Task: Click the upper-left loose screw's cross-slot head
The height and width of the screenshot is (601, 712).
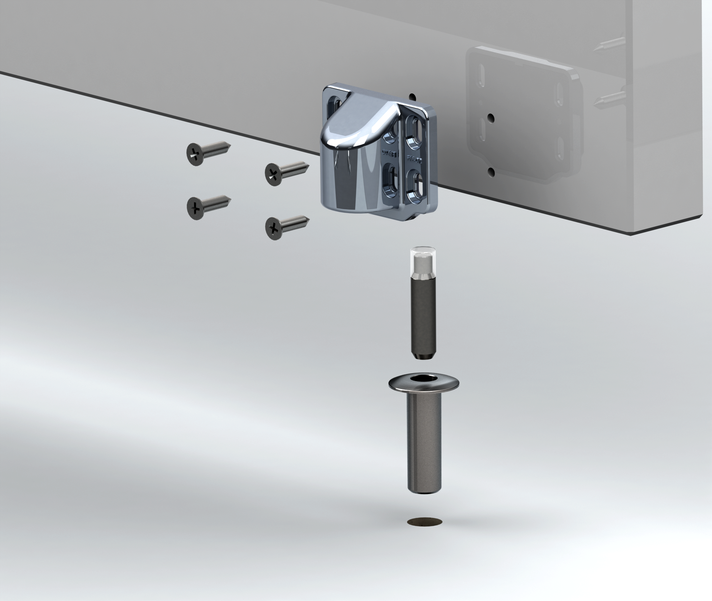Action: point(195,154)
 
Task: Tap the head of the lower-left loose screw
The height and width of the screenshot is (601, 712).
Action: point(195,208)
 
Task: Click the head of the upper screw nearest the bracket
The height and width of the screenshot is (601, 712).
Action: point(274,174)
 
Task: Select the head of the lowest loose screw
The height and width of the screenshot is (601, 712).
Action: point(274,227)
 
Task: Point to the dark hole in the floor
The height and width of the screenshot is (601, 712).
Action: point(425,521)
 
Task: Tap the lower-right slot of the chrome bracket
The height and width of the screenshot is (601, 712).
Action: point(415,184)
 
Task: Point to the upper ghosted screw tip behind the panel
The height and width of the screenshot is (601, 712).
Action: point(597,48)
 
